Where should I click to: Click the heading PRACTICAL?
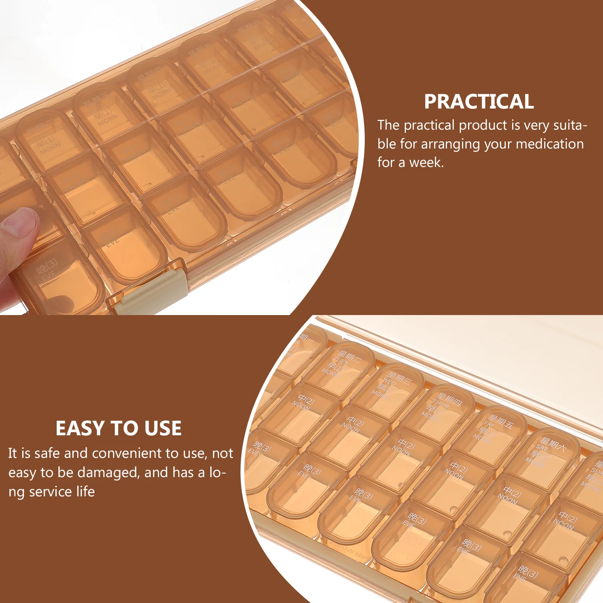tap(479, 102)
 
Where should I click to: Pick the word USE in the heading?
tap(163, 429)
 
